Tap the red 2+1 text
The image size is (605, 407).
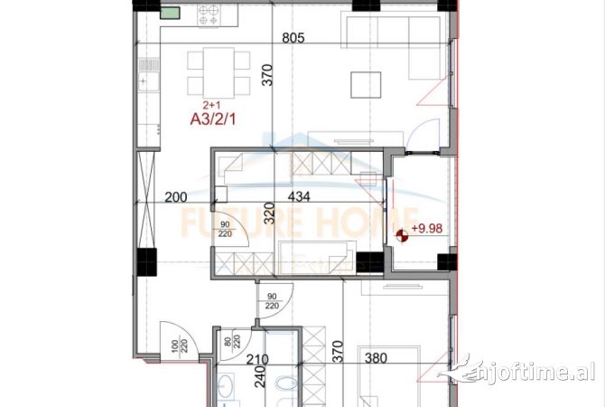pyautogui.click(x=211, y=104)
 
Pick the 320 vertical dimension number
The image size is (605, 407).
pyautogui.click(x=268, y=213)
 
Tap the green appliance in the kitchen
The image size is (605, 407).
pyautogui.click(x=169, y=14)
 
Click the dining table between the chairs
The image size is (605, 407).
pyautogui.click(x=219, y=73)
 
